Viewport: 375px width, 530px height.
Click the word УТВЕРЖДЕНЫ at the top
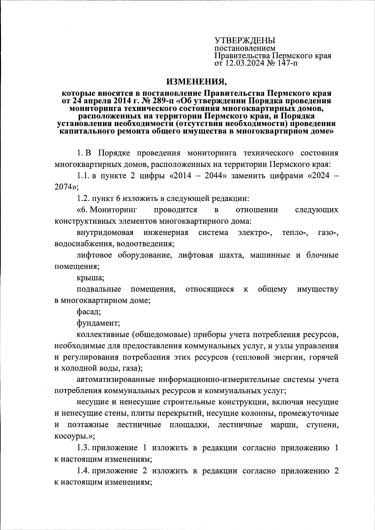pyautogui.click(x=245, y=41)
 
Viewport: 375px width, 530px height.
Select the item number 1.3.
pyautogui.click(x=83, y=447)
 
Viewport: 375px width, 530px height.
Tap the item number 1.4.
pyautogui.click(x=83, y=471)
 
